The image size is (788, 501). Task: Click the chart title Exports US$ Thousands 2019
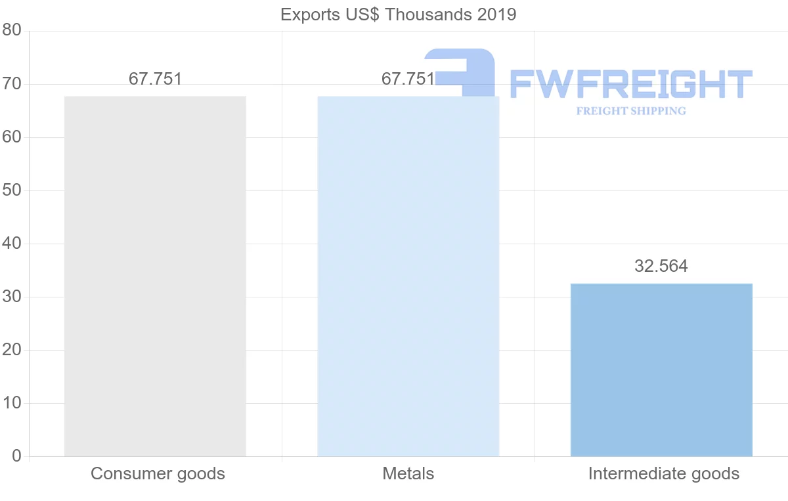tap(398, 14)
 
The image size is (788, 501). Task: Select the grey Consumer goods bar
tap(155, 276)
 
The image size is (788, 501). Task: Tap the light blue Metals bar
tap(408, 276)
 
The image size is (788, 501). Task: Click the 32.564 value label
tap(661, 266)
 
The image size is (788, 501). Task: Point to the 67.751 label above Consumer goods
tap(155, 79)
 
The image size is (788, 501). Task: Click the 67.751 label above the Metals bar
tap(408, 79)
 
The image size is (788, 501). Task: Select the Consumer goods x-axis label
tap(158, 473)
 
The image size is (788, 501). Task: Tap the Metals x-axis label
tap(408, 473)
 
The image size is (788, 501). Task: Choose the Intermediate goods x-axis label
tap(664, 473)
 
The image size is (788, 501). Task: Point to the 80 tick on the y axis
tap(12, 31)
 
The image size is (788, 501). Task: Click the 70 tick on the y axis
tap(12, 84)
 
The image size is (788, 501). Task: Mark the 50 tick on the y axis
tap(12, 190)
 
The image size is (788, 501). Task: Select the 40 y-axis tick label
tap(12, 244)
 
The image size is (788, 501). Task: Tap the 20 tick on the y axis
tap(12, 350)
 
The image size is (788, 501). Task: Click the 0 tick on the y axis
tap(16, 456)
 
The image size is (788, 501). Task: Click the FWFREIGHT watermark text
tap(630, 84)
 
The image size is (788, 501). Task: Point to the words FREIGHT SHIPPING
tap(631, 111)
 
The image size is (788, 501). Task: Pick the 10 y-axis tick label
tap(12, 403)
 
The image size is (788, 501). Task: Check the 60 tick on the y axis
tap(12, 137)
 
